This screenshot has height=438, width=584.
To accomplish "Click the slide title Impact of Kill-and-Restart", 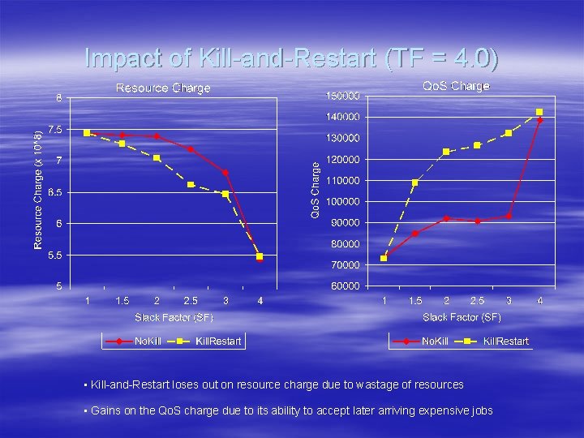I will click(292, 58).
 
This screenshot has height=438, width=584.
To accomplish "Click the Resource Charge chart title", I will click(163, 88).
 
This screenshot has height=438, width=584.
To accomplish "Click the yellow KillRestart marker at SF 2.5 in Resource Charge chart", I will click(191, 185).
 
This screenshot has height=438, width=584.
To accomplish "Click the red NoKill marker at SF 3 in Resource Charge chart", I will click(225, 172).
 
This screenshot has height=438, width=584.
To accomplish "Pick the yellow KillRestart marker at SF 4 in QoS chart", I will click(539, 112).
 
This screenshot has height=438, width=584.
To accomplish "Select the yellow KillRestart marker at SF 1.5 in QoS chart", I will click(415, 182).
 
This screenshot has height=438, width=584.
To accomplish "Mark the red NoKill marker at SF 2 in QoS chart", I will click(446, 218).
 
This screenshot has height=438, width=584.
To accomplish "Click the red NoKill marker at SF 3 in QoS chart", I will click(509, 216).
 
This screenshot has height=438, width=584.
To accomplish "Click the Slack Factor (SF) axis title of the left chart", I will click(174, 316).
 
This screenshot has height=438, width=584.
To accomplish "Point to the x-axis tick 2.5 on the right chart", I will click(478, 301).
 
